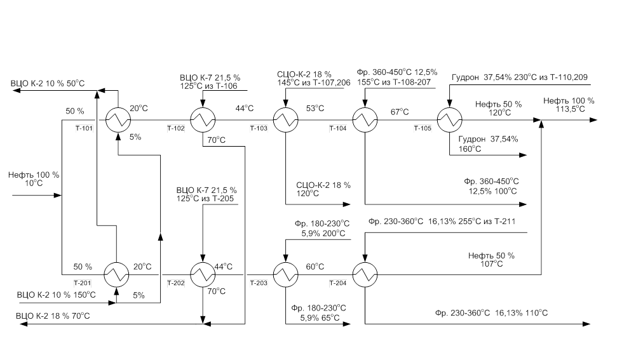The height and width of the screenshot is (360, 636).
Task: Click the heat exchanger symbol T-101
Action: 117,119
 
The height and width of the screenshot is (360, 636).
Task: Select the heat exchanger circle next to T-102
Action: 203,119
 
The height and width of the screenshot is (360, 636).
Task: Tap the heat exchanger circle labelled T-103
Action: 285,119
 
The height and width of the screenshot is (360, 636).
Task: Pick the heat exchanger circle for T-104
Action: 365,119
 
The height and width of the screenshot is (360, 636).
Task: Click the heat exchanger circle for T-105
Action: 449,119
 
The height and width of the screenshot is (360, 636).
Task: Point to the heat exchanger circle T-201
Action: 117,275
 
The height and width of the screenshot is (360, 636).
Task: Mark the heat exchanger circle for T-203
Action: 285,275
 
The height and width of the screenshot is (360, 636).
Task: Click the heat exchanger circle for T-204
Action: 365,275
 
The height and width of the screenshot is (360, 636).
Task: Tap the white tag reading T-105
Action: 423,129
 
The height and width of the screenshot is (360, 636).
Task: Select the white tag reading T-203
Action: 259,283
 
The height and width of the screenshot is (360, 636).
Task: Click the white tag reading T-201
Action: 83,283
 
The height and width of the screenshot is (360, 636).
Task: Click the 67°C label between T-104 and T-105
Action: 400,112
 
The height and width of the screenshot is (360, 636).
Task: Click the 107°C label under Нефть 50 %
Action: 492,264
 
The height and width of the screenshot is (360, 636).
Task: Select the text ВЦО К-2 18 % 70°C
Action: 53,316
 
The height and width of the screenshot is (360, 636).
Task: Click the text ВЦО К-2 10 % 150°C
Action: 57,295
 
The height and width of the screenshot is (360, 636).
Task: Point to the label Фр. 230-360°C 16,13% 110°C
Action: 491,313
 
